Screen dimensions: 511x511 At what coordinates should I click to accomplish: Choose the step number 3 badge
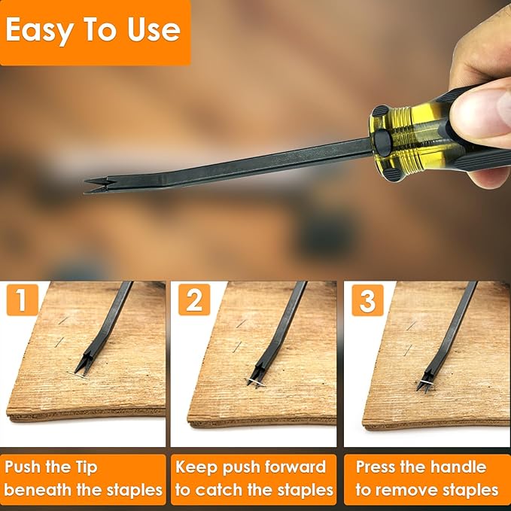coord(367,300)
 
